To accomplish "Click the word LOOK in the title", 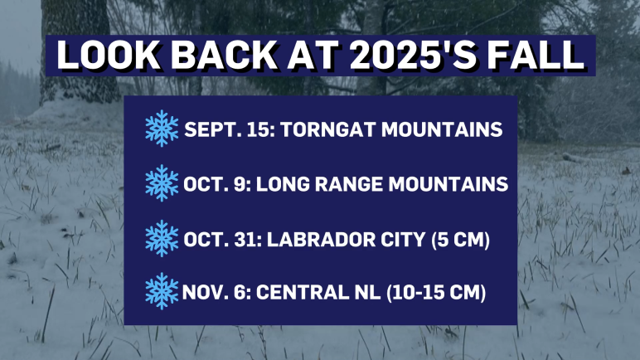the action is point(109,56).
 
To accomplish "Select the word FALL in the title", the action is point(536,56).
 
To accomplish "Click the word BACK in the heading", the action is point(224,56).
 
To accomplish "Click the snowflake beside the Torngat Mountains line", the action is point(162,129).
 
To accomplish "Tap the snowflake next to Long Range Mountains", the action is point(162,183).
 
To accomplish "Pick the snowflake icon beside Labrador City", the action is point(162,238).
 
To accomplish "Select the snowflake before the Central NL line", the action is point(162,291).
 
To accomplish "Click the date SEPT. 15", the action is point(230,129).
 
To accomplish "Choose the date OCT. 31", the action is point(222,240).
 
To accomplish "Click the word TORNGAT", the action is point(327,129).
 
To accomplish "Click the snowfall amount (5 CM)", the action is point(460,240).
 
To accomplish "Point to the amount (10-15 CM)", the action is point(436,293).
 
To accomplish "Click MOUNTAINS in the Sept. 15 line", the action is point(442,129).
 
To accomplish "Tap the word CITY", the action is point(403,240).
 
